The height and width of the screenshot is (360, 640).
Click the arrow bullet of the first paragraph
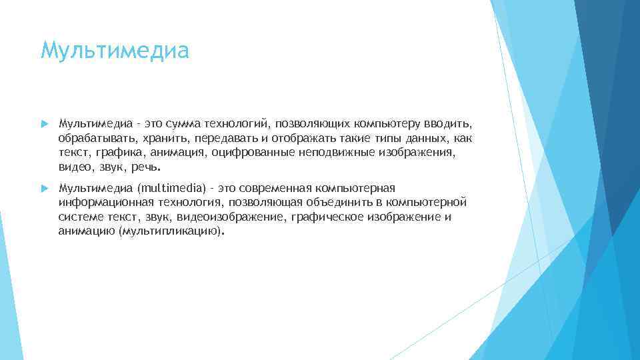44,123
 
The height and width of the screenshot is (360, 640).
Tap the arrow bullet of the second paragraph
44,189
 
